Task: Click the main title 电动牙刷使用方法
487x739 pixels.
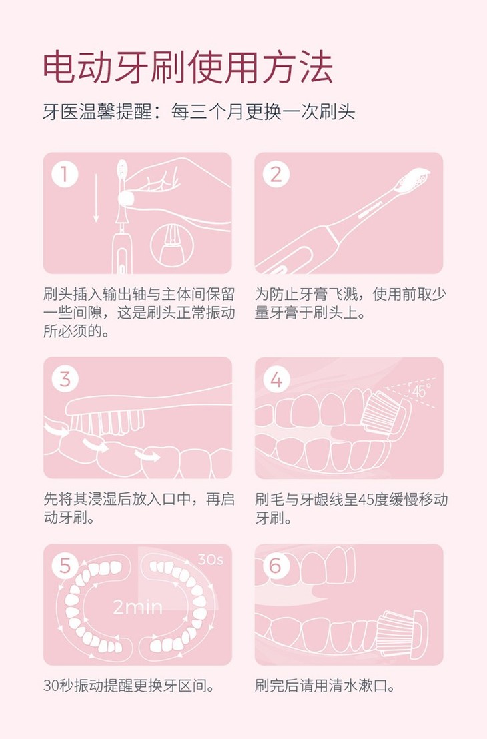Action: click(x=188, y=67)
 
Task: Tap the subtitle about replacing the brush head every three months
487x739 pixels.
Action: click(x=199, y=112)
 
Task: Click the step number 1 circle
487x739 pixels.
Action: click(x=65, y=174)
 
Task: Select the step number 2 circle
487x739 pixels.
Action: click(x=276, y=174)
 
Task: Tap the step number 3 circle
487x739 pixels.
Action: click(x=65, y=378)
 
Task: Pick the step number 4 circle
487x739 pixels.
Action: click(x=276, y=379)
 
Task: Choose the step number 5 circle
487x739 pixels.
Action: click(x=65, y=566)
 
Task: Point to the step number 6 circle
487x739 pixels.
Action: click(x=276, y=566)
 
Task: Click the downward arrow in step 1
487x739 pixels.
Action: click(x=96, y=198)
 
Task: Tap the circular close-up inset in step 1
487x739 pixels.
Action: click(x=172, y=245)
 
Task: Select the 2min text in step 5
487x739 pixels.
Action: click(x=137, y=606)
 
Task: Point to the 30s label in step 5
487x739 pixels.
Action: click(x=210, y=560)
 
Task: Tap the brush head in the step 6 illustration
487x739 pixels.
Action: click(x=402, y=633)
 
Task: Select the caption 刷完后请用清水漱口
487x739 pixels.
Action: click(x=326, y=685)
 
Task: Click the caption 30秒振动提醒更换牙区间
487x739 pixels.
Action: click(x=129, y=685)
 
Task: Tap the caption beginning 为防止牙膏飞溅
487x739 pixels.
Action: click(x=351, y=303)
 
